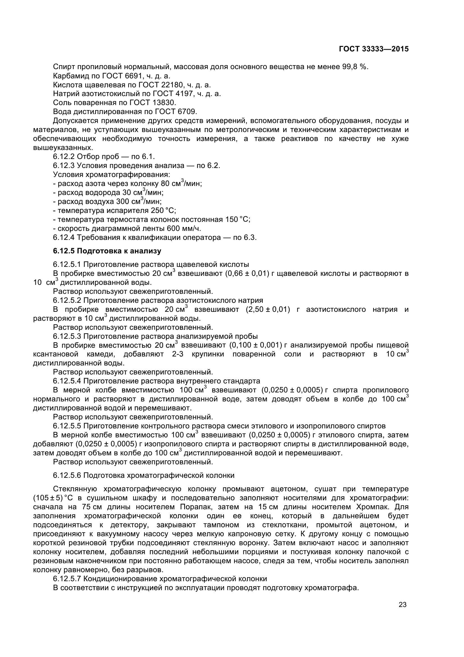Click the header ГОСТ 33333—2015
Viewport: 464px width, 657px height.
coord(373,49)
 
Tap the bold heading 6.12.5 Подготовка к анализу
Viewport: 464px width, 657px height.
coord(107,251)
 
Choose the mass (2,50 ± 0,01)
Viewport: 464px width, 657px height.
coord(268,309)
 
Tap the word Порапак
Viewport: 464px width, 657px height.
coord(196,507)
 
